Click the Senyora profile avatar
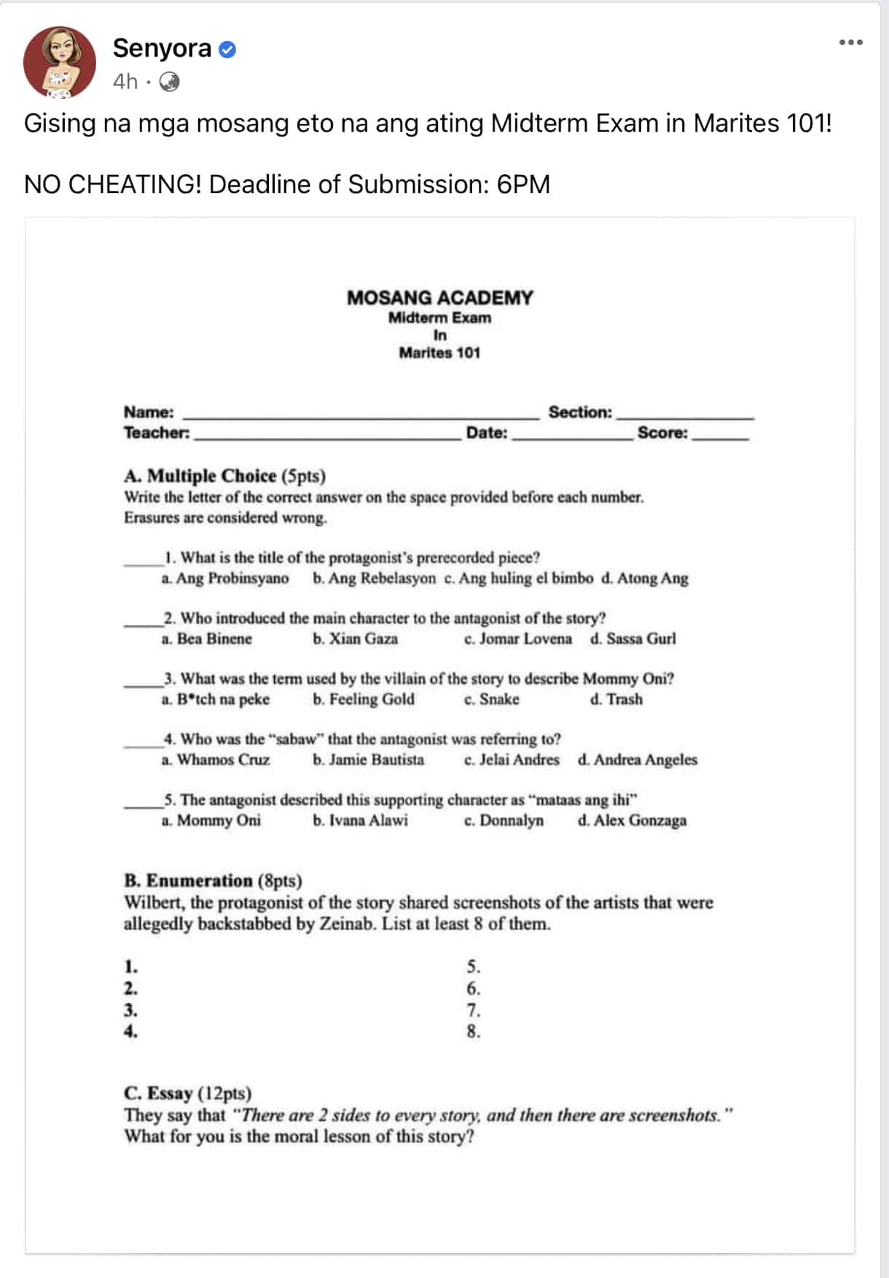pos(60,63)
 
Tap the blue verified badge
pos(227,50)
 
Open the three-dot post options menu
pos(850,42)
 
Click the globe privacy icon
pos(169,82)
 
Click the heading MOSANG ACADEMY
pos(439,297)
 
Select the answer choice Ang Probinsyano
pos(225,579)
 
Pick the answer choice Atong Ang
pos(645,579)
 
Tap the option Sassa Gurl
pos(633,639)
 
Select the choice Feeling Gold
pos(364,700)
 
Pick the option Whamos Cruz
pos(216,760)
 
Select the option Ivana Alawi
pos(361,821)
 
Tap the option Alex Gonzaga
pos(633,821)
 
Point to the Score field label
pos(662,433)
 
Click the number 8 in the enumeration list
pos(474,1032)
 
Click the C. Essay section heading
pos(187,1094)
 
